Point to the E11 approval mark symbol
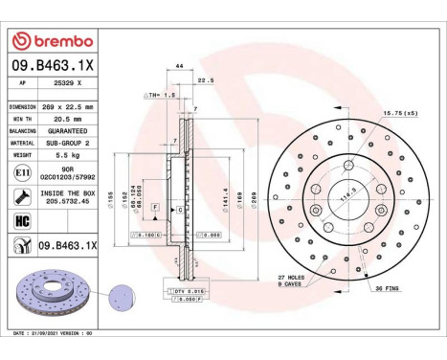21,172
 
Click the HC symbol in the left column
21,221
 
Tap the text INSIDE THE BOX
67,193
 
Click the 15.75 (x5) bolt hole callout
400,114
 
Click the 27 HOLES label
291,277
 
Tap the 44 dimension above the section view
179,66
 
